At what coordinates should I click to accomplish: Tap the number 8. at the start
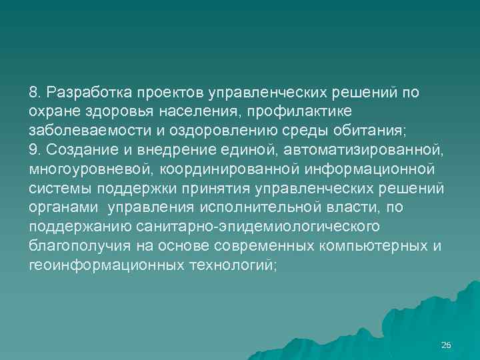35,91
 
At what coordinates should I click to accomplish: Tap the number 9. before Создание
35,149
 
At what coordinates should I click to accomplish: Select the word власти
351,207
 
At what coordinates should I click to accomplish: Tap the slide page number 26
446,345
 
